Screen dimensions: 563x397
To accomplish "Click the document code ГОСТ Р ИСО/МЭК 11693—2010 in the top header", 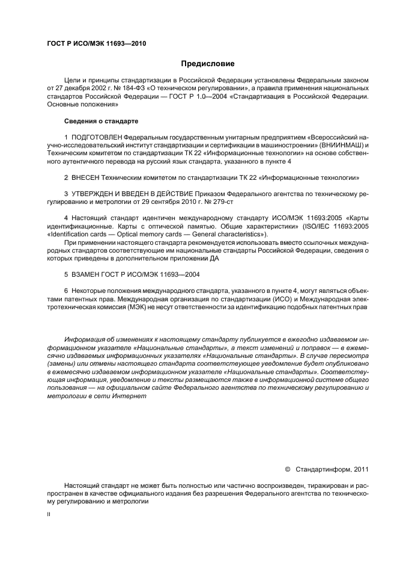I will [x=96, y=44].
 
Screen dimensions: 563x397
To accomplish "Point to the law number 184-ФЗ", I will [x=136, y=87].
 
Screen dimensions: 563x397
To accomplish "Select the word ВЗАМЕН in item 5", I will [x=87, y=274].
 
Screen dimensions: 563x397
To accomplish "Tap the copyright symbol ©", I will [x=287, y=470].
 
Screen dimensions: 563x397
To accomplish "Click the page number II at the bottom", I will [x=49, y=515].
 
